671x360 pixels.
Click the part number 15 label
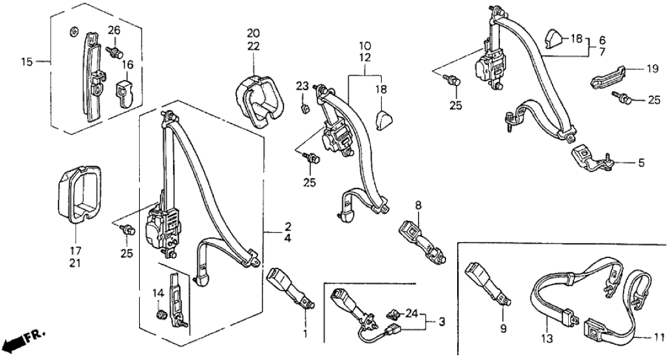tap(26, 62)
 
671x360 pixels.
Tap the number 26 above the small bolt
tap(114, 30)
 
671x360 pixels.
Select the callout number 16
tap(128, 64)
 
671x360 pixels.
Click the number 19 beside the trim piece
tap(652, 68)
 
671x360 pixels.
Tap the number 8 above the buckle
tap(419, 206)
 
